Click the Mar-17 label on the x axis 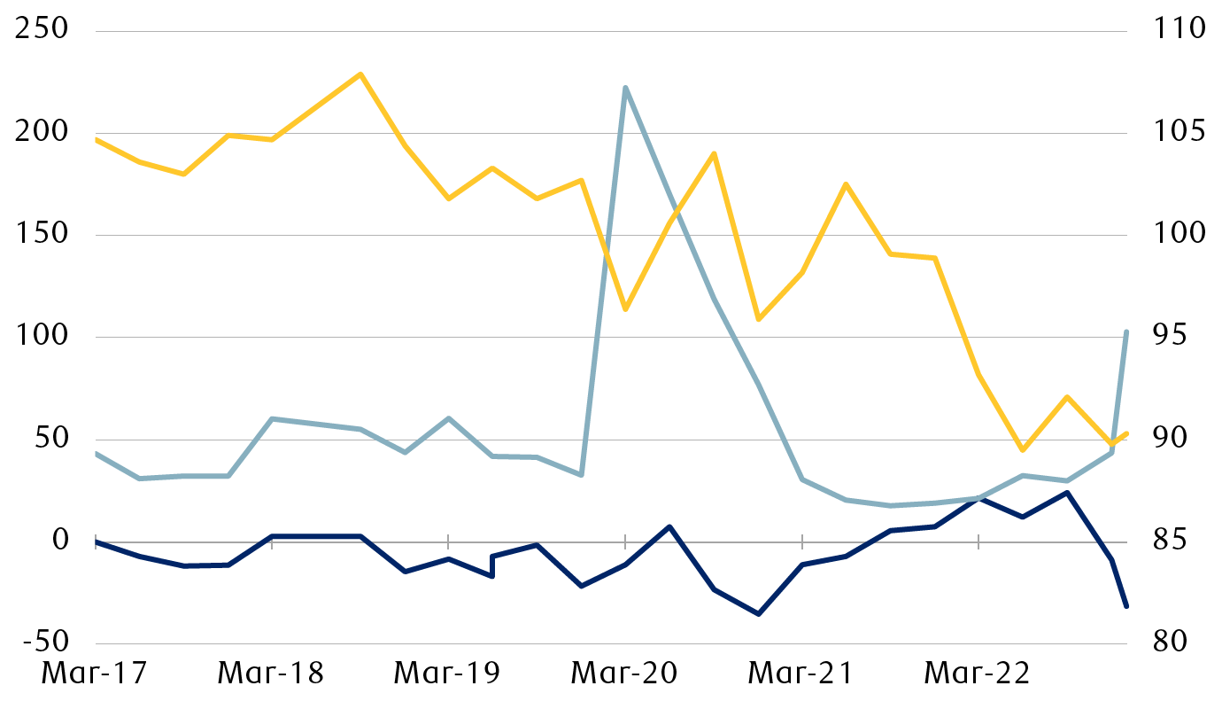click(x=95, y=674)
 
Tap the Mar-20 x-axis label click(x=625, y=674)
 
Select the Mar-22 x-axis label click(x=978, y=674)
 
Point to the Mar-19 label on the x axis click(x=448, y=674)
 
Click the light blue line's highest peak click(x=625, y=88)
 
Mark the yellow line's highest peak click(x=360, y=74)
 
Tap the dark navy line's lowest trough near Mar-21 click(x=758, y=614)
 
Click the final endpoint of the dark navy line click(x=1126, y=607)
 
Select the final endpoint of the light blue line click(x=1126, y=331)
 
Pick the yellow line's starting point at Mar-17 click(x=96, y=139)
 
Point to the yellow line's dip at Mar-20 click(x=625, y=309)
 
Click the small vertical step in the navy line click(x=492, y=566)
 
